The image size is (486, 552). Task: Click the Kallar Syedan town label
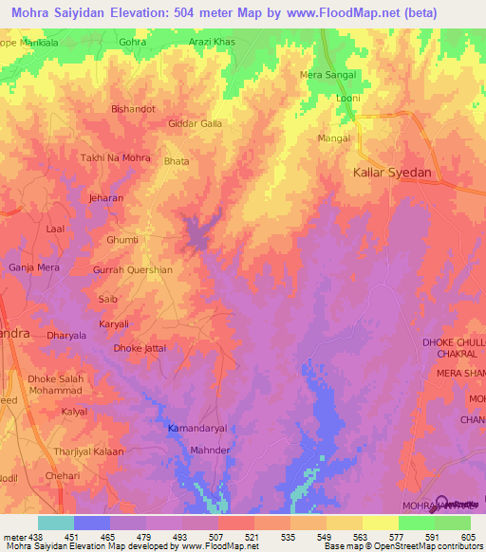(x=392, y=173)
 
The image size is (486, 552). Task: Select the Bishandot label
(x=133, y=109)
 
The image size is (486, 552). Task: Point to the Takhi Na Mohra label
(x=117, y=157)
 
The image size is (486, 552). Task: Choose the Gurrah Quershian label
(x=132, y=269)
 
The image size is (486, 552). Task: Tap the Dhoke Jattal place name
(x=140, y=348)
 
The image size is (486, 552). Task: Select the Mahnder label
(x=211, y=451)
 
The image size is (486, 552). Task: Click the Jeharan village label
(x=105, y=198)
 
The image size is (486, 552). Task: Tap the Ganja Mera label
(x=34, y=267)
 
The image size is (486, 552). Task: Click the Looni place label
(x=348, y=98)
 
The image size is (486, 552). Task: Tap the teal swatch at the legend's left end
(x=55, y=523)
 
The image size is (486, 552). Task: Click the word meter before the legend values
(x=14, y=536)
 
